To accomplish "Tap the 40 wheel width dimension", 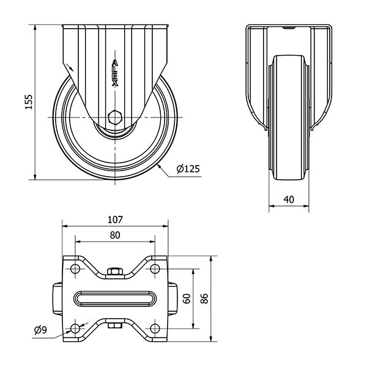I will click(289, 199).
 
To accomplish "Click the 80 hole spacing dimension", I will click(115, 235).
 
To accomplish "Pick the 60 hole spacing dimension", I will click(186, 298).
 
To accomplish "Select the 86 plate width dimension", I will click(204, 298).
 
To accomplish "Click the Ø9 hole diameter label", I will click(40, 331).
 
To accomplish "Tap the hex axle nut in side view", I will click(115, 117).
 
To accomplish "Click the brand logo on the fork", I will click(115, 73).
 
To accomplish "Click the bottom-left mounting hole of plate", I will click(75, 329).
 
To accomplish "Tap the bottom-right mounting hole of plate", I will click(155, 329).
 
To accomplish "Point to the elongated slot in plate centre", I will click(115, 298).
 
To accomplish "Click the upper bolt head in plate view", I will click(115, 271).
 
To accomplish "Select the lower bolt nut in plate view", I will click(115, 325).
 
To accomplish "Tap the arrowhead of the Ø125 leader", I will click(160, 164).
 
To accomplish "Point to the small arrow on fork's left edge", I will click(73, 68).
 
